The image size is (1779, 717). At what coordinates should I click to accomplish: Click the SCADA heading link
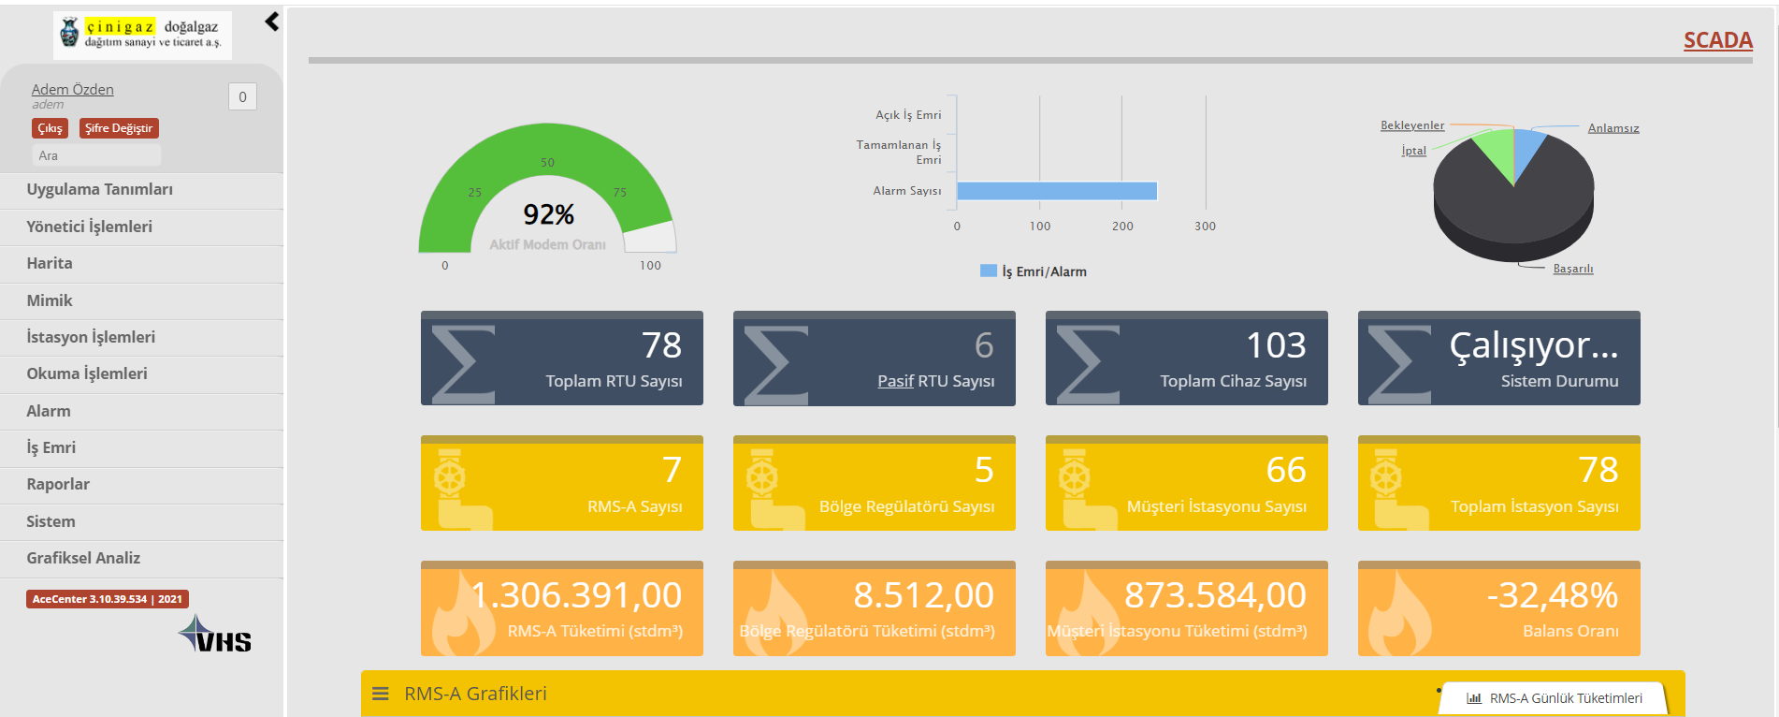pos(1718,40)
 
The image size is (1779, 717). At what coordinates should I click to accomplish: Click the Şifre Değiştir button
pos(119,128)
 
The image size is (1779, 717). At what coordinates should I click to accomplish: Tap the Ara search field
pos(97,155)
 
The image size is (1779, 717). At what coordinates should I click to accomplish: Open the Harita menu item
pos(50,263)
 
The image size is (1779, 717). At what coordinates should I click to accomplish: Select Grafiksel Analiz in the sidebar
pos(83,558)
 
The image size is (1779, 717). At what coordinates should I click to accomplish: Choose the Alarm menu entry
pos(49,411)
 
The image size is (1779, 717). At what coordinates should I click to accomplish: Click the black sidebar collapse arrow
pos(272,22)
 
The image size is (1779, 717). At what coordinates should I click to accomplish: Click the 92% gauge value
pos(549,214)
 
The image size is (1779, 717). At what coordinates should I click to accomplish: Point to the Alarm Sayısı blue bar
pos(1057,191)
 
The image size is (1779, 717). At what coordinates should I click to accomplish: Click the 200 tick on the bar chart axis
pos(1122,227)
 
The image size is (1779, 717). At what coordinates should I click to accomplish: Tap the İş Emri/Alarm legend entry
pos(1034,271)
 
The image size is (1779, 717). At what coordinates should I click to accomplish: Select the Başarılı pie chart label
pos(1573,269)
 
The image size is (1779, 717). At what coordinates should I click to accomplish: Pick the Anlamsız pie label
pos(1613,128)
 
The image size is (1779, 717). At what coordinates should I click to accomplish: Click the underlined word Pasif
pos(895,381)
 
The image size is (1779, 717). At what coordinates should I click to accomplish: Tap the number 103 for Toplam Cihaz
pos(1276,345)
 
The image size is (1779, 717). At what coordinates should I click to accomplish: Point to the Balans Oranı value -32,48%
pos(1553,595)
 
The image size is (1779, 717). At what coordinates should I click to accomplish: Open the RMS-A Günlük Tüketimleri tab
pos(1555,698)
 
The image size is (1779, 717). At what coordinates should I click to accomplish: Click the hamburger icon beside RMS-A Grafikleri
pos(381,694)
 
